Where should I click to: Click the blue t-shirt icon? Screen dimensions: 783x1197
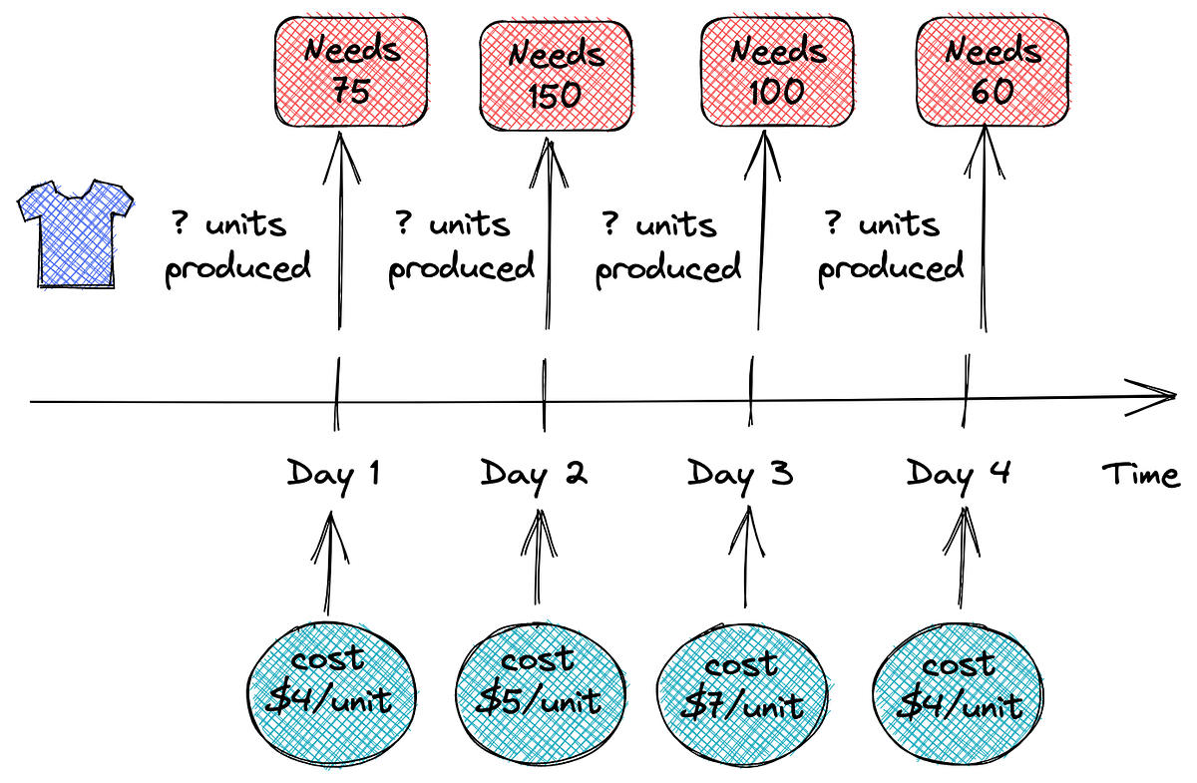click(76, 231)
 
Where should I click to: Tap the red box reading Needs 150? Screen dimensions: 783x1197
click(557, 73)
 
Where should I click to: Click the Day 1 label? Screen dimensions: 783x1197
click(333, 472)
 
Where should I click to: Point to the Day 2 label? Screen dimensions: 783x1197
click(534, 472)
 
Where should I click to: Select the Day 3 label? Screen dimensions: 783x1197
click(740, 472)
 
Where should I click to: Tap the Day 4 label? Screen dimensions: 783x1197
click(958, 472)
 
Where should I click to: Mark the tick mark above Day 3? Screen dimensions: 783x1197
click(750, 397)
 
